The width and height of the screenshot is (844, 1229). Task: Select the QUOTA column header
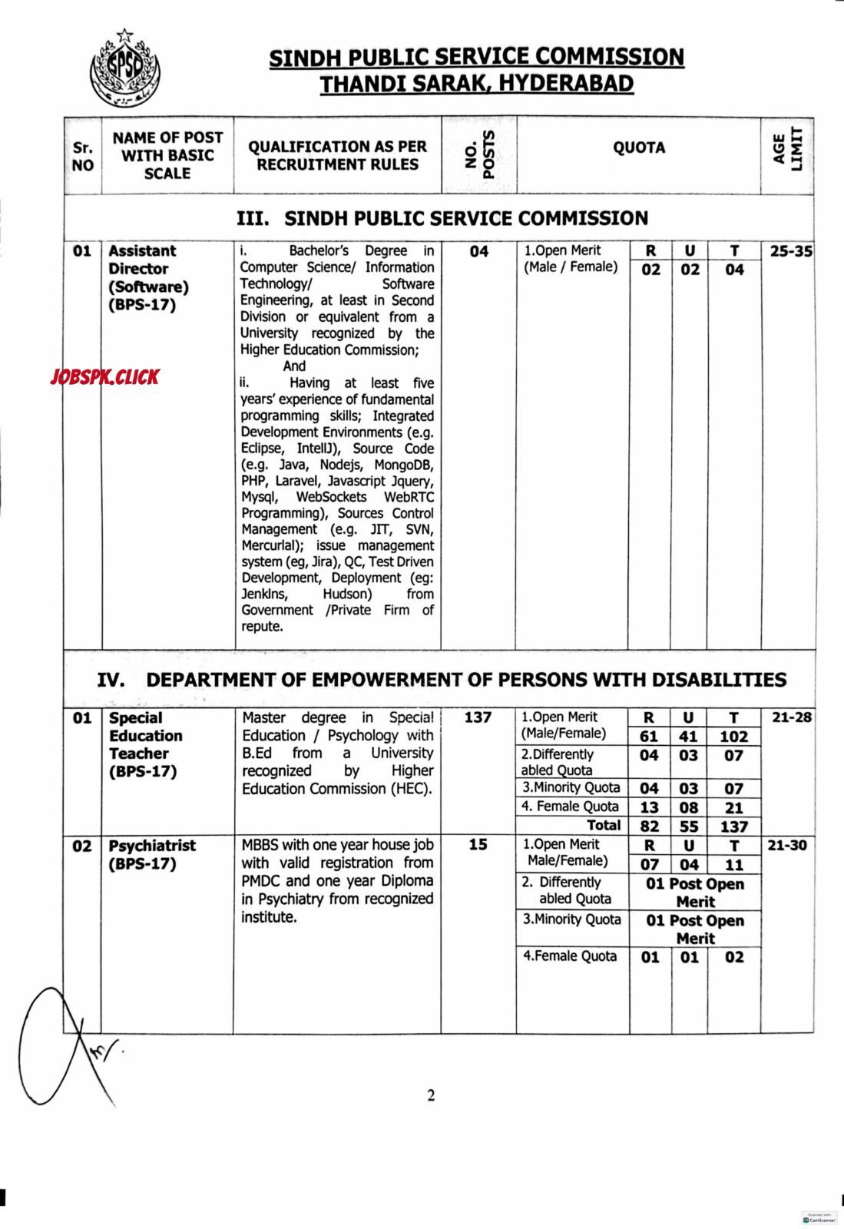pos(638,147)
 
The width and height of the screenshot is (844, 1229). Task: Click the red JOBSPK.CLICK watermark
pos(104,376)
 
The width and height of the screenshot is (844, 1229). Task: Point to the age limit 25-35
pos(789,251)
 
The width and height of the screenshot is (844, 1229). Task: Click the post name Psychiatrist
pos(152,846)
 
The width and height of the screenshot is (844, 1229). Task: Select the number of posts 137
pos(478,717)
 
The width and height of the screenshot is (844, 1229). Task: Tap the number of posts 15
pos(478,844)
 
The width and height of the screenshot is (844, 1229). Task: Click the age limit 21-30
pos(787,845)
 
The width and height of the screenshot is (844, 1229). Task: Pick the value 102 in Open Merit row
pos(733,736)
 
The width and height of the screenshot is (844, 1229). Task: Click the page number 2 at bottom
pos(431,1095)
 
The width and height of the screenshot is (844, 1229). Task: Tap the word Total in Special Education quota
pos(603,825)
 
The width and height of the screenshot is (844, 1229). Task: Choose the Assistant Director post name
pos(142,260)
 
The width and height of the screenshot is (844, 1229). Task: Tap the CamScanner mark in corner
pos(819,1218)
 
